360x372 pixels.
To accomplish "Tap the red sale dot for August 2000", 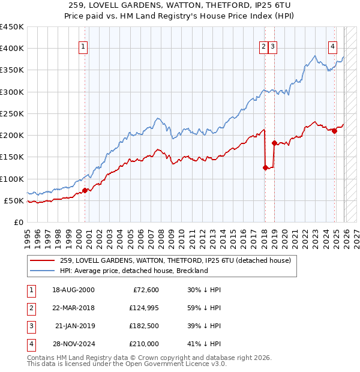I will (85, 190).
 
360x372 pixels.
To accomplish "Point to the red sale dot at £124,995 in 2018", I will (265, 168).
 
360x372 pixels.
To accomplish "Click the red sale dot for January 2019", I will (274, 143).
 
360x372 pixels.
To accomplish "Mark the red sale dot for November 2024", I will (334, 131).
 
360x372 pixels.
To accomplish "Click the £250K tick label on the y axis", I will (11, 113).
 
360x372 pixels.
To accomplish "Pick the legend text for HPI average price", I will (134, 271).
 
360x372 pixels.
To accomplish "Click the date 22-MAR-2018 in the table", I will (73, 308).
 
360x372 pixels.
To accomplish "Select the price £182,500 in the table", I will (145, 326).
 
